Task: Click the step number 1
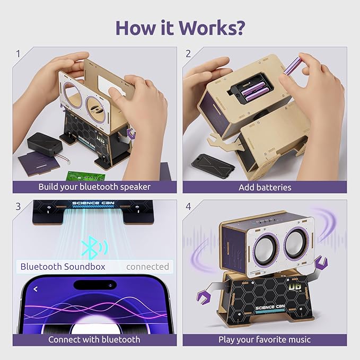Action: (17, 54)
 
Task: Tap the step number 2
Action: (188, 54)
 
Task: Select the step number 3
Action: (18, 206)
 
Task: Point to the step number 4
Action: (188, 206)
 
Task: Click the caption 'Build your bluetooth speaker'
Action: (94, 187)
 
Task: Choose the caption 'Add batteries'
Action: (265, 187)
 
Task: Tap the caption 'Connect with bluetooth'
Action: (94, 339)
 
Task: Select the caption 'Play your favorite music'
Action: (265, 339)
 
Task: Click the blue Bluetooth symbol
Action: (90, 246)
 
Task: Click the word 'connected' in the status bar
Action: (147, 266)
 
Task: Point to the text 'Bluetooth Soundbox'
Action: (63, 266)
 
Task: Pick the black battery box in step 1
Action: (45, 144)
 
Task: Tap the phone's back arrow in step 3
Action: (36, 289)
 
